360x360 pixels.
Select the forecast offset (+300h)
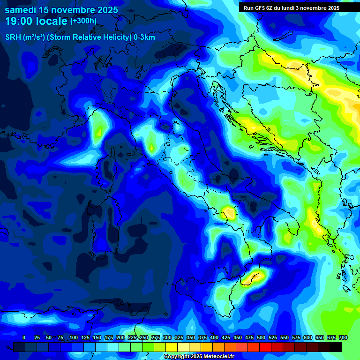83,21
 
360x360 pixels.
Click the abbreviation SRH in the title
14,37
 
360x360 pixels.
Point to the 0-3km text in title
144,37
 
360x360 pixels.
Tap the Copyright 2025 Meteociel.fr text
199,357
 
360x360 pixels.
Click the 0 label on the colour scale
24,337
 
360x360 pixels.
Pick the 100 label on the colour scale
73,337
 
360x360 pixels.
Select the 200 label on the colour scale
120,337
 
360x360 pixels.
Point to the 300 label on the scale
167,337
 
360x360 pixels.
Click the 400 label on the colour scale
214,337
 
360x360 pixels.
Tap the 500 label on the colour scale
261,337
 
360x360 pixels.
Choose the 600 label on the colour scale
307,337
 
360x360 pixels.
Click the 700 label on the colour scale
343,337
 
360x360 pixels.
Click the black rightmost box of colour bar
336,347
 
